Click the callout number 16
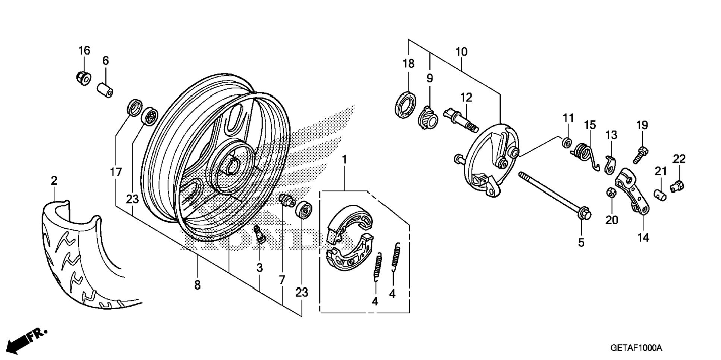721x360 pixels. coord(84,50)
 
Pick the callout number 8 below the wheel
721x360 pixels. coord(197,285)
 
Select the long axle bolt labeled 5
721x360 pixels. coord(552,194)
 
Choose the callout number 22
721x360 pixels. coord(679,159)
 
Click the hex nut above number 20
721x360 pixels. coord(611,193)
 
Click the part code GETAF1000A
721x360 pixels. coord(636,348)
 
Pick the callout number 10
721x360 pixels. coord(461,51)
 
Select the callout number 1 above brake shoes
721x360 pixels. coord(344,160)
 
